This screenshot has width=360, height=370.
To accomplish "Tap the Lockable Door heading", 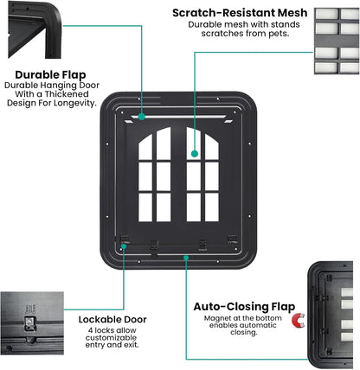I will click(x=112, y=319).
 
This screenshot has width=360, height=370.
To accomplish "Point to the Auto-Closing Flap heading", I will click(x=244, y=306).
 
